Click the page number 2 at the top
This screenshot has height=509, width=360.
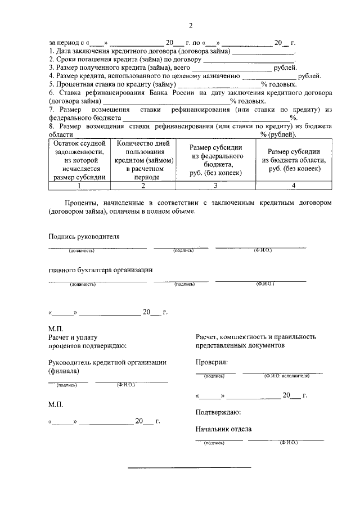[191, 26]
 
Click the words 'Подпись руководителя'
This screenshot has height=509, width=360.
[84, 237]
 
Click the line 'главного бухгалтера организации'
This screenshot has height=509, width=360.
[101, 270]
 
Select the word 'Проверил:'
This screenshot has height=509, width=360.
[212, 363]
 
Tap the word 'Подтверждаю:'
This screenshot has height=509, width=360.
[218, 412]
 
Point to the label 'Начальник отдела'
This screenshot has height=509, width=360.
[223, 430]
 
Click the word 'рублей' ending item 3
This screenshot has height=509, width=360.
[285, 67]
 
